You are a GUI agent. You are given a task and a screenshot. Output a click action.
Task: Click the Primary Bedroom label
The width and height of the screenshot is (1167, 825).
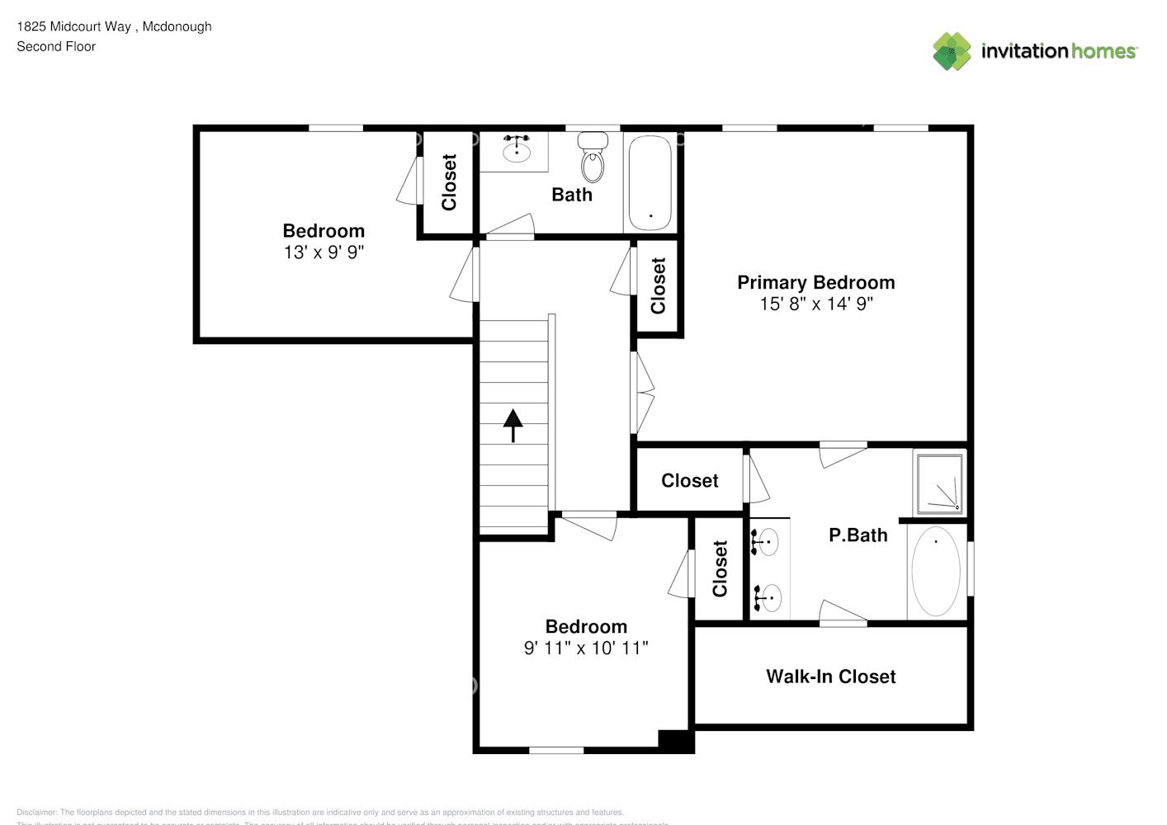pos(815,282)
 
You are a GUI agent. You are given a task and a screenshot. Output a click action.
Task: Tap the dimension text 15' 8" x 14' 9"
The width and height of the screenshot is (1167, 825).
pos(815,304)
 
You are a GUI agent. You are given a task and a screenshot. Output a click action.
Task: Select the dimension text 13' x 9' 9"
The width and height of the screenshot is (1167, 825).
pos(324,252)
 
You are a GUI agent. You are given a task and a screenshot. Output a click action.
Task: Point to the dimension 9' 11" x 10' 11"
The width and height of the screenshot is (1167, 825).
pos(586,648)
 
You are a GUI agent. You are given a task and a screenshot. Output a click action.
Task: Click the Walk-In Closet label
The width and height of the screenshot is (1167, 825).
pos(830,676)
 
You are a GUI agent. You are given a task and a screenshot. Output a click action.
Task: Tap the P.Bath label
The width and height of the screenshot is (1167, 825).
pos(858,535)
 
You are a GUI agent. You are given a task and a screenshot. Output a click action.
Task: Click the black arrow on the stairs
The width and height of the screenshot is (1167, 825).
pos(513,425)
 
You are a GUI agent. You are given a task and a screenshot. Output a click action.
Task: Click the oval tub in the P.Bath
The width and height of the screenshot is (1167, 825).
pos(935,571)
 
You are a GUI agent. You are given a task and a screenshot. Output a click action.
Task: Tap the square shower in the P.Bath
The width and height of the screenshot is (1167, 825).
pos(939,483)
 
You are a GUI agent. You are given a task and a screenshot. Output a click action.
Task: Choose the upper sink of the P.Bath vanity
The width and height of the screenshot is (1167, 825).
pos(768,542)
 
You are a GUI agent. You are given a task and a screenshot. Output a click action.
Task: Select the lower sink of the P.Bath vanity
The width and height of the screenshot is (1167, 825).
pos(770,596)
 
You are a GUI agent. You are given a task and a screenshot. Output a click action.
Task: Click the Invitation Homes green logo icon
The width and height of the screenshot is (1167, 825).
pos(952,51)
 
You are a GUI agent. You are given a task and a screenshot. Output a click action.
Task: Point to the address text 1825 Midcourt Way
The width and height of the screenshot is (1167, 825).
pos(74,26)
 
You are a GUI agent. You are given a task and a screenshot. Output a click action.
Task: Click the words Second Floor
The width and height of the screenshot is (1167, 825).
pos(56,47)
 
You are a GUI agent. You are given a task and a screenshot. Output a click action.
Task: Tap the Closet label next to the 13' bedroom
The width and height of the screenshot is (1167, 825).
pos(449,182)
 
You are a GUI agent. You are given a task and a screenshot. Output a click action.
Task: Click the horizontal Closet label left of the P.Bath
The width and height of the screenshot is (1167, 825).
pos(689,480)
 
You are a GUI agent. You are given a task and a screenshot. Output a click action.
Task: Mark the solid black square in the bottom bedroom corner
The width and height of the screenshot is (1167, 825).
pos(675,740)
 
